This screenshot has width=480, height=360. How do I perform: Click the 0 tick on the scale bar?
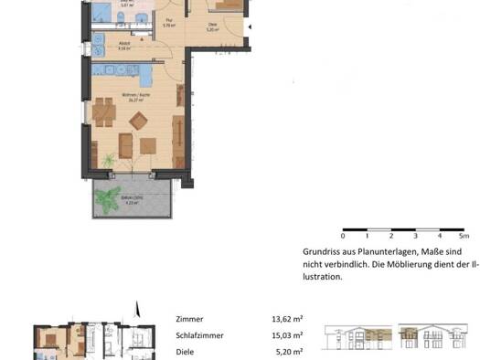pos(343,235)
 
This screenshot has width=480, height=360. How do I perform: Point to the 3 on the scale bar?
pos(415,235)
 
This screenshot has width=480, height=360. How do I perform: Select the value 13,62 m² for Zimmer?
pos(287,320)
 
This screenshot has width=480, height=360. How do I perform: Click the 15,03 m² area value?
pos(287,334)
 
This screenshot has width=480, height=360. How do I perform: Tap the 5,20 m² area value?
pos(287,350)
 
